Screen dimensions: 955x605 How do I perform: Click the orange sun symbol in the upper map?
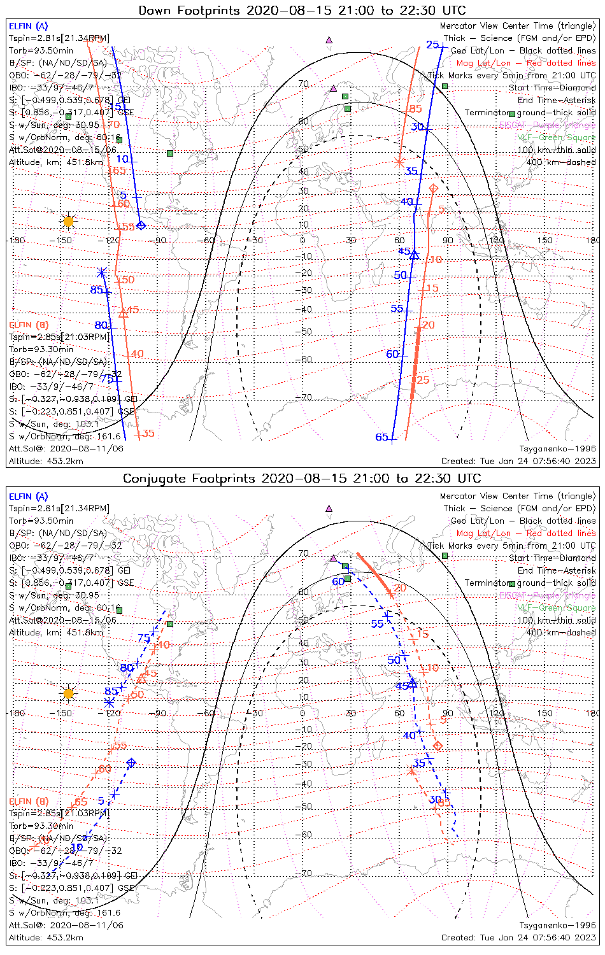click(68, 222)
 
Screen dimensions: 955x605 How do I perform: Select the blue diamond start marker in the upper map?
click(141, 225)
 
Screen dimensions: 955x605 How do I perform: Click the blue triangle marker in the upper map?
click(415, 255)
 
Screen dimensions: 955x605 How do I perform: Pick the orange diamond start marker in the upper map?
click(434, 188)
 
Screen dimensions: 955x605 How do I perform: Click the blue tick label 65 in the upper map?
click(381, 437)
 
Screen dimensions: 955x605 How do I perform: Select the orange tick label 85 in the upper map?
click(416, 110)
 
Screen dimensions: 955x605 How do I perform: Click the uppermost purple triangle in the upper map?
click(329, 39)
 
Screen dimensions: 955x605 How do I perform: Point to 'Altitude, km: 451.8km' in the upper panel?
click(56, 162)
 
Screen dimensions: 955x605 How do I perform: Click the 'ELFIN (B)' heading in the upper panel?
click(29, 325)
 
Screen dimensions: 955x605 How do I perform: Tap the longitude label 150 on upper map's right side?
click(545, 241)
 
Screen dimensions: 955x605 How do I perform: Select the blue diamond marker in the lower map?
click(132, 762)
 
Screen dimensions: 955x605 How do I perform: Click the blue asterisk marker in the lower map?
click(109, 702)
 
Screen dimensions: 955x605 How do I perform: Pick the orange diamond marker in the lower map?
click(438, 746)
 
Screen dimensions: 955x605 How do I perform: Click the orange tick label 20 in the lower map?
click(400, 588)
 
